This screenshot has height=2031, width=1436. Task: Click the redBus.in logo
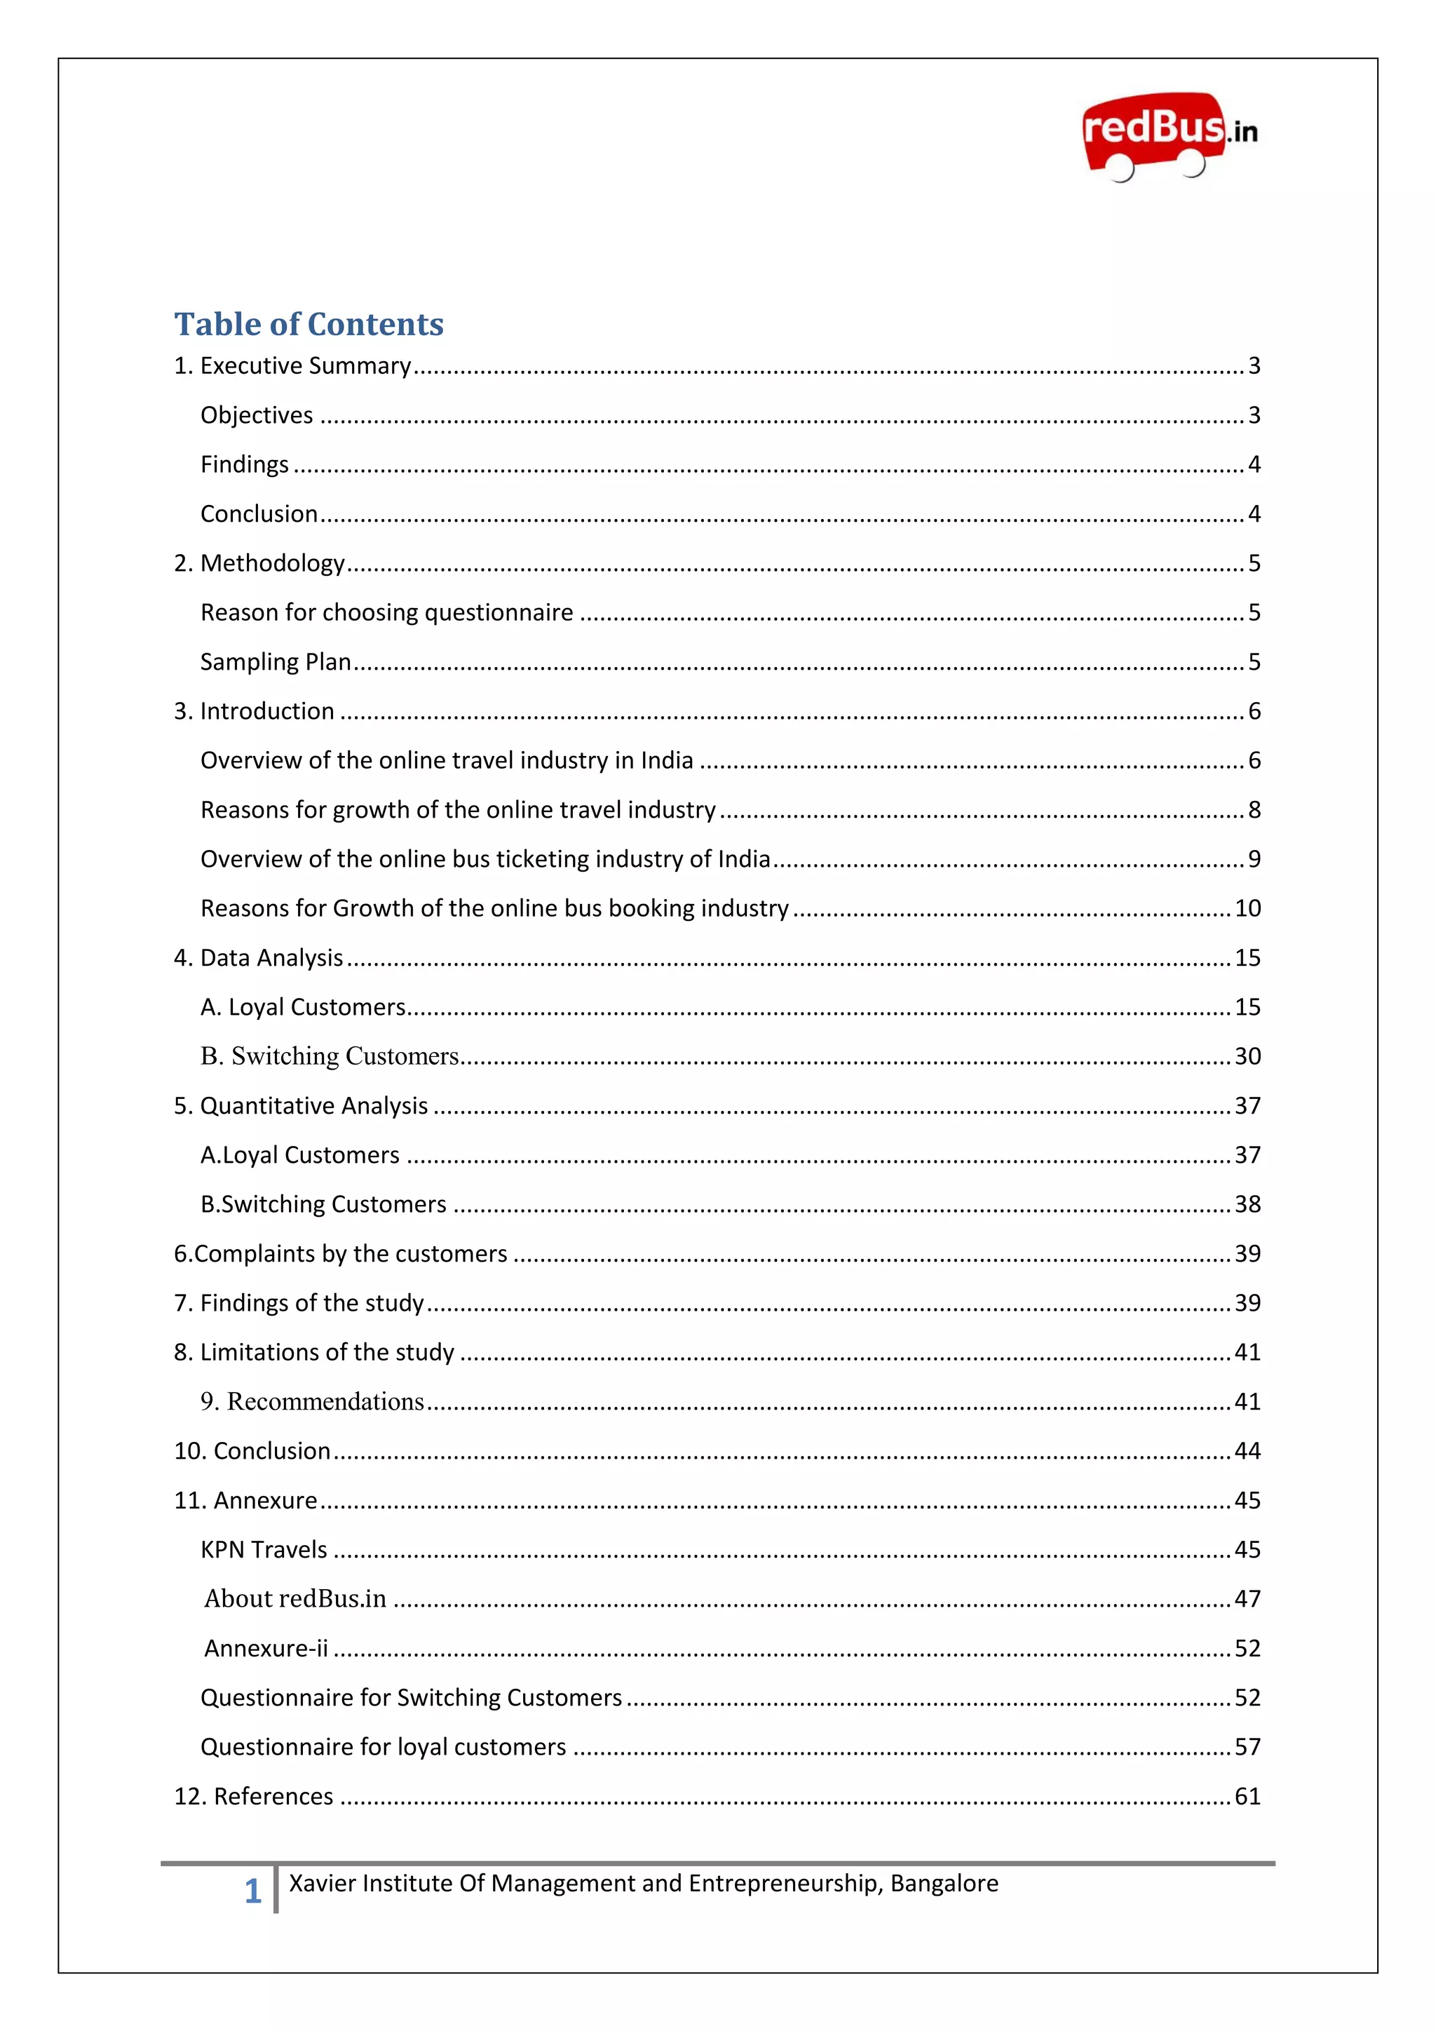click(1169, 135)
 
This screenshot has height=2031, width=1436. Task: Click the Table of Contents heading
click(309, 325)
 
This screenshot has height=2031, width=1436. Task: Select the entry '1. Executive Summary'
click(292, 366)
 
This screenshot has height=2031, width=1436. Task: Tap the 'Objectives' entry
click(257, 416)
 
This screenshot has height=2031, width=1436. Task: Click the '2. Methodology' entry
click(259, 563)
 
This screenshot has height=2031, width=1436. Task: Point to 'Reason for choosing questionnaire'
click(386, 613)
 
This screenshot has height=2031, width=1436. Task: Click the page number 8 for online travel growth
click(1254, 810)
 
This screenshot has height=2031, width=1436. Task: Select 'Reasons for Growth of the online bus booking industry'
click(494, 908)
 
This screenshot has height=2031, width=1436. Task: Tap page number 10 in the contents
click(1247, 908)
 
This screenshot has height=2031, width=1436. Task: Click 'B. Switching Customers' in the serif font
click(329, 1056)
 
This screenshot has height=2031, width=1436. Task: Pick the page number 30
click(1247, 1056)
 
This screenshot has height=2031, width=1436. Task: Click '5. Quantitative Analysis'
click(301, 1107)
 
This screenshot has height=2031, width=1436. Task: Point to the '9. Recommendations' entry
click(312, 1402)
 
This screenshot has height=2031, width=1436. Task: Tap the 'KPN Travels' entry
click(264, 1550)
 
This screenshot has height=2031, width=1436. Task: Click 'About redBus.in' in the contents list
click(295, 1599)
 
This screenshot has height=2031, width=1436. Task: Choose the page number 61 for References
click(1247, 1797)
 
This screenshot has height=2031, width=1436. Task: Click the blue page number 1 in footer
click(253, 1891)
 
